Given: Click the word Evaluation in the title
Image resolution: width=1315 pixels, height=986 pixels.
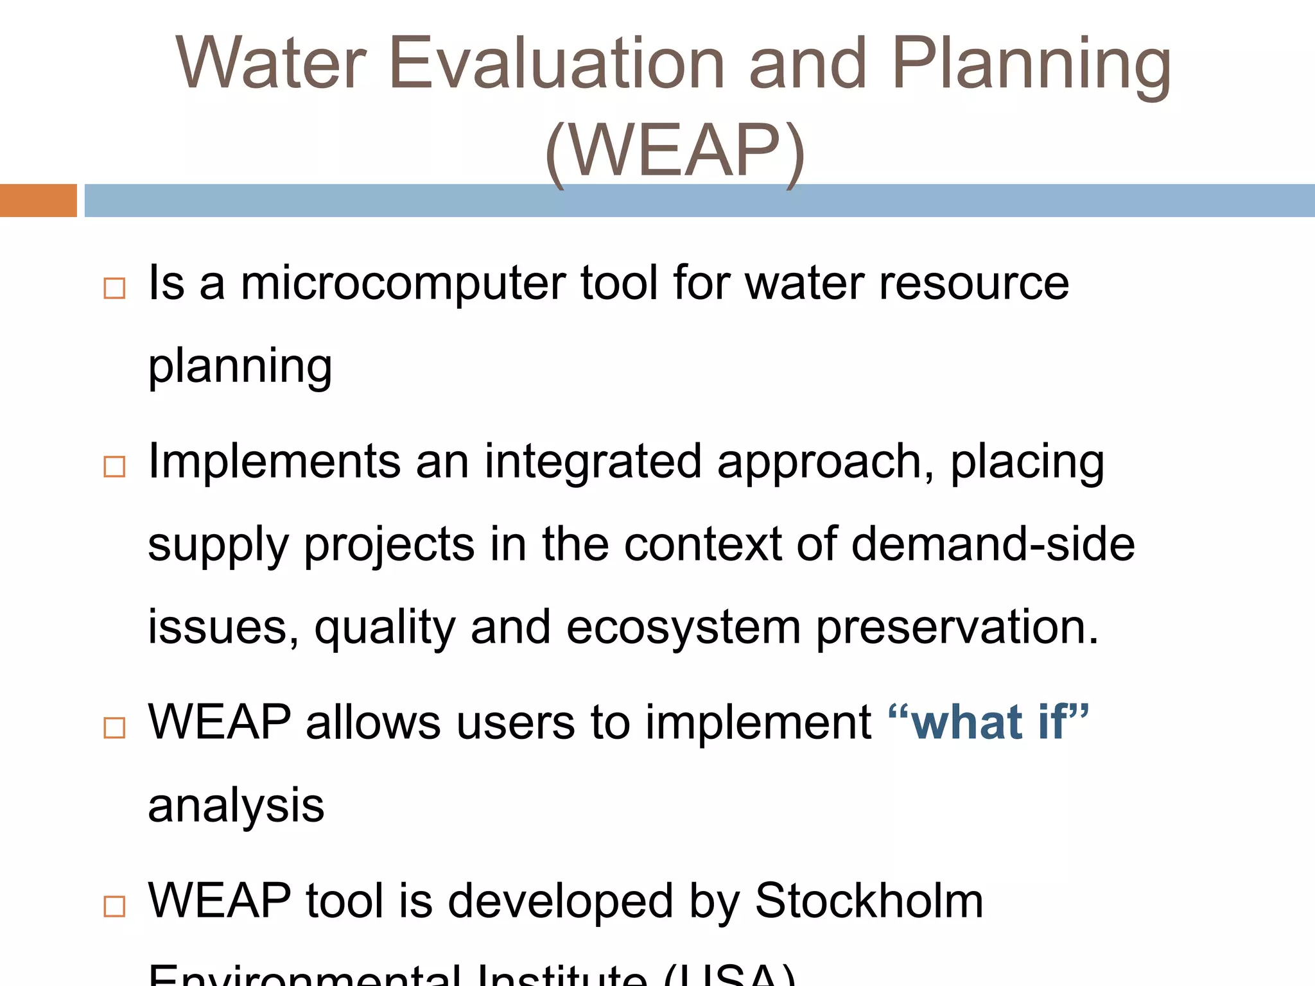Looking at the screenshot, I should coord(557,64).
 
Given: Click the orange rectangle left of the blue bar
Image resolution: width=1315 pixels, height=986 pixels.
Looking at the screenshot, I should coord(38,200).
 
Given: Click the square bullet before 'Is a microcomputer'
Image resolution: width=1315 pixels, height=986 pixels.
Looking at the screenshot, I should coord(114,288).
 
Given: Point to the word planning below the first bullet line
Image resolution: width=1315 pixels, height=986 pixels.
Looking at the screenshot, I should coord(240,367).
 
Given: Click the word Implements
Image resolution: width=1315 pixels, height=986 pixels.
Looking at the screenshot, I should coord(274,462).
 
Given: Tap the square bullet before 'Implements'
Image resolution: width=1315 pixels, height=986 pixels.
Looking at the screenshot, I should coord(114,467).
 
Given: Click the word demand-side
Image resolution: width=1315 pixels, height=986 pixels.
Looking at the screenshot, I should coord(993,544).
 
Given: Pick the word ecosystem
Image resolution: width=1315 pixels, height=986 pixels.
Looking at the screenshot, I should coord(683,628).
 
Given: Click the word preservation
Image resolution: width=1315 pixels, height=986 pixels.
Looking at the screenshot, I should coord(957,628).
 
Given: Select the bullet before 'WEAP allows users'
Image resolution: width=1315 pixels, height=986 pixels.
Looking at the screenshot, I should coord(114,728).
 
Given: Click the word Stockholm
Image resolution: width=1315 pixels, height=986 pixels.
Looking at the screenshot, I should coord(869,901).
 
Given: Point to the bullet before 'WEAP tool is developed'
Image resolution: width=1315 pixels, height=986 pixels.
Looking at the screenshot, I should coord(114,906).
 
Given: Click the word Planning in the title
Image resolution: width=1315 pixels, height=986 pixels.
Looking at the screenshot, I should coord(1031,64).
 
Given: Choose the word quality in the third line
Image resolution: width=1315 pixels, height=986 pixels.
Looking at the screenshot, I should coord(385,628).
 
